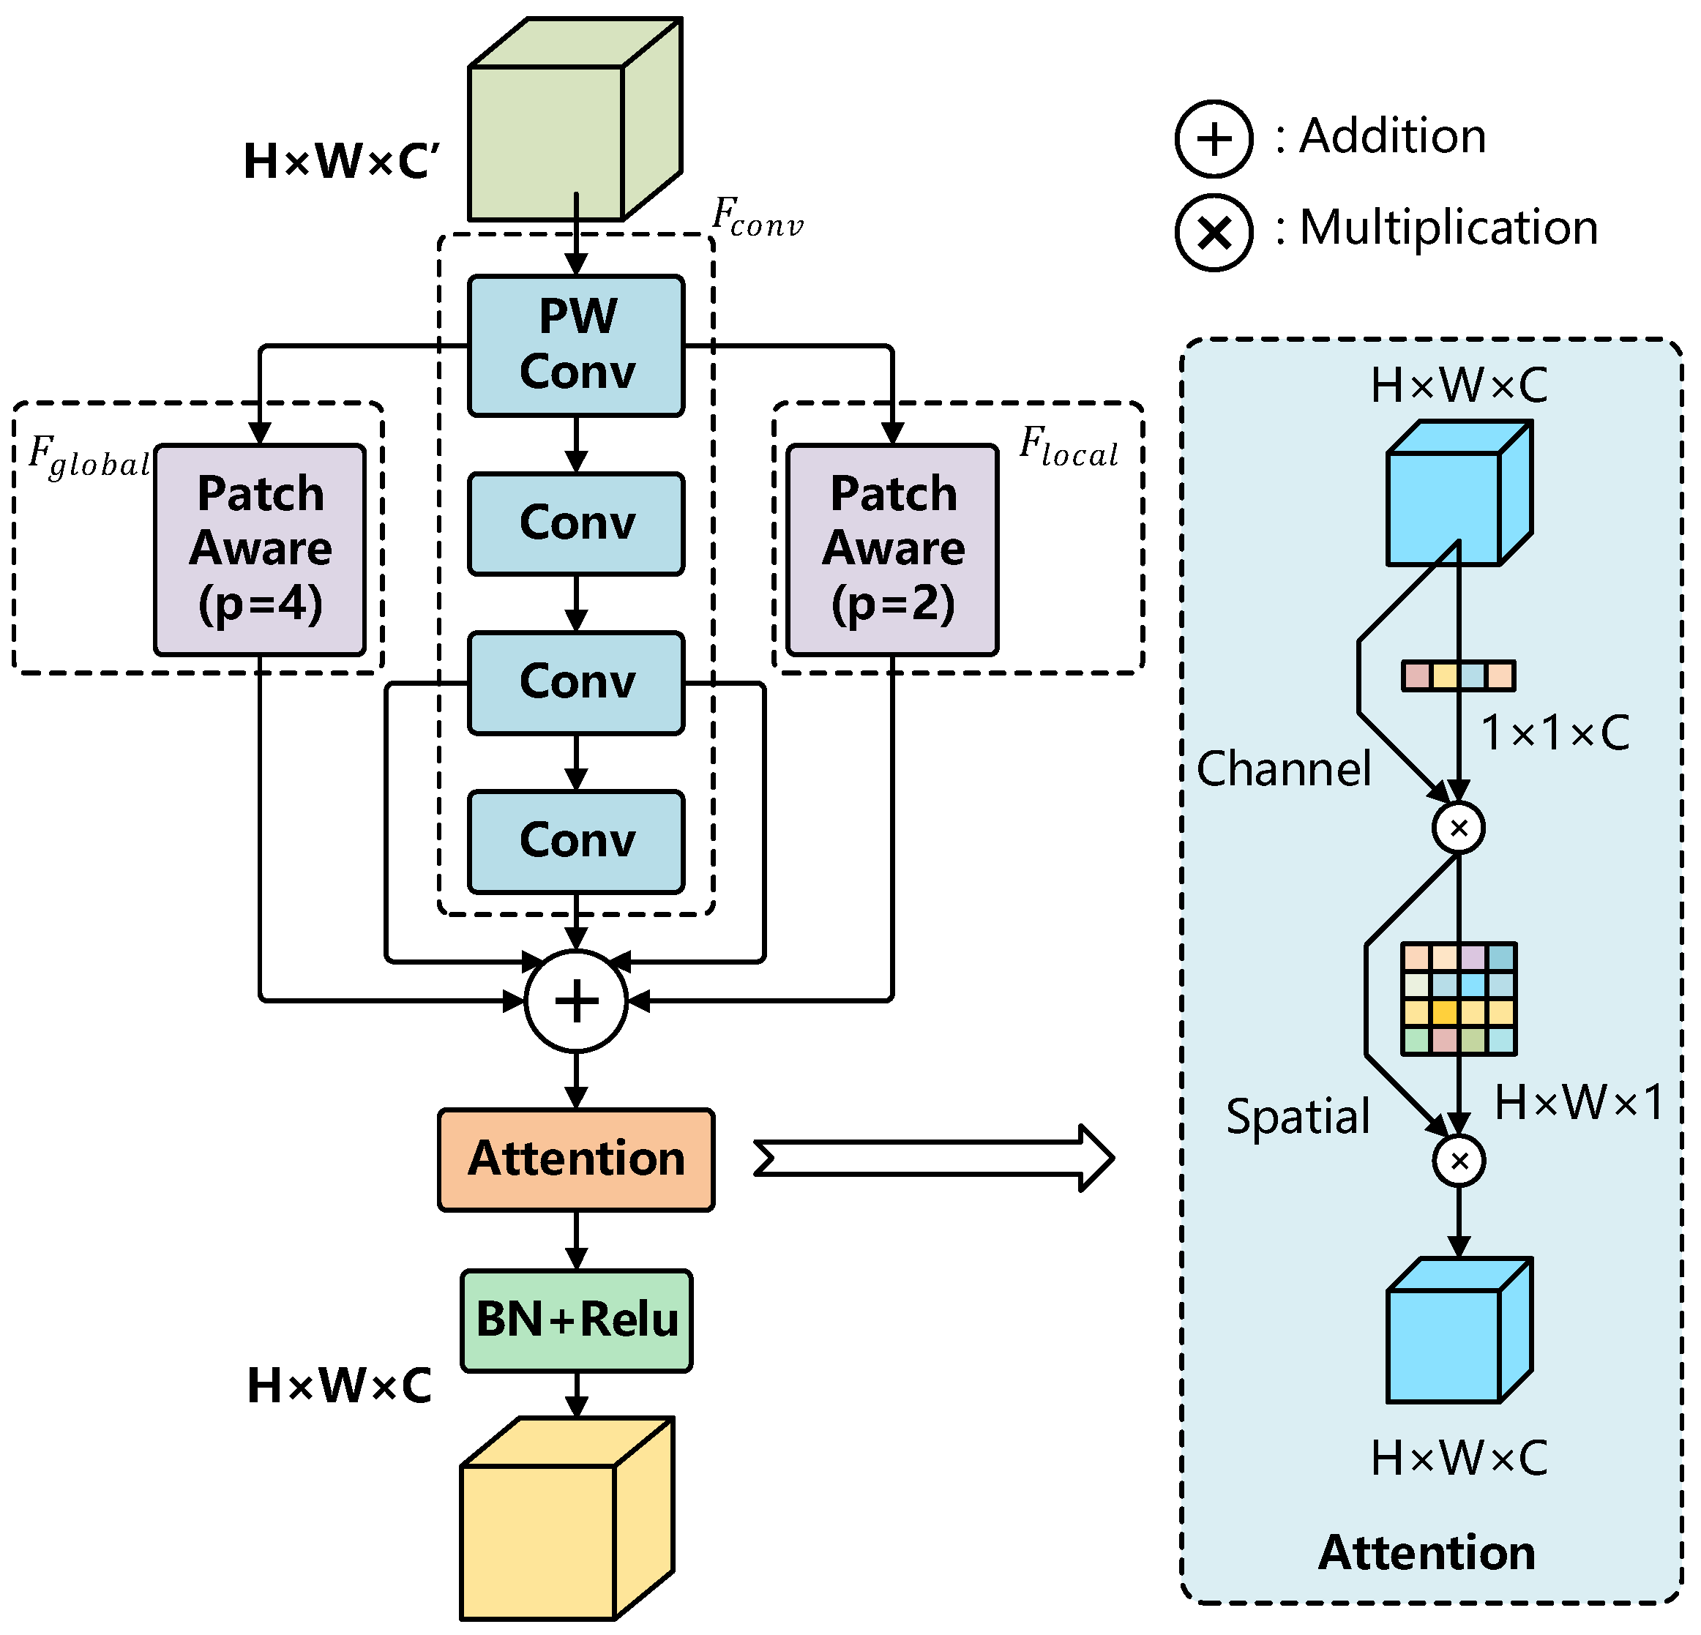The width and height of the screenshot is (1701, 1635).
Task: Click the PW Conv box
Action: click(575, 345)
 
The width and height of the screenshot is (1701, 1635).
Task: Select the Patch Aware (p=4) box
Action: click(260, 550)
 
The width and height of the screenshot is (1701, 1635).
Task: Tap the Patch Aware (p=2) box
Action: click(892, 550)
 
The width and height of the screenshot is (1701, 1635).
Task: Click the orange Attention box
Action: click(575, 1159)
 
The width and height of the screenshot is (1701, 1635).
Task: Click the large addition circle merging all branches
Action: click(575, 1000)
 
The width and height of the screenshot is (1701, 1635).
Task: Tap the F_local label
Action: click(1067, 447)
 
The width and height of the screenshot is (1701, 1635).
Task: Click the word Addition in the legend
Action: click(1392, 136)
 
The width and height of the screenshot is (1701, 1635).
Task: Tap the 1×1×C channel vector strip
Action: click(1458, 676)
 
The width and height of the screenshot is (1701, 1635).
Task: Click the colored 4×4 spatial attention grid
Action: click(1458, 998)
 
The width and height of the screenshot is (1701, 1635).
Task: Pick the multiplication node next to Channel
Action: click(1458, 827)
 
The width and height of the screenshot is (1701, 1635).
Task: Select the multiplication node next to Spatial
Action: click(1458, 1160)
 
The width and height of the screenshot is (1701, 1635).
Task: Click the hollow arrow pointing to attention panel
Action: click(933, 1158)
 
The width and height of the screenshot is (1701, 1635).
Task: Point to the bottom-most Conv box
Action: click(575, 841)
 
